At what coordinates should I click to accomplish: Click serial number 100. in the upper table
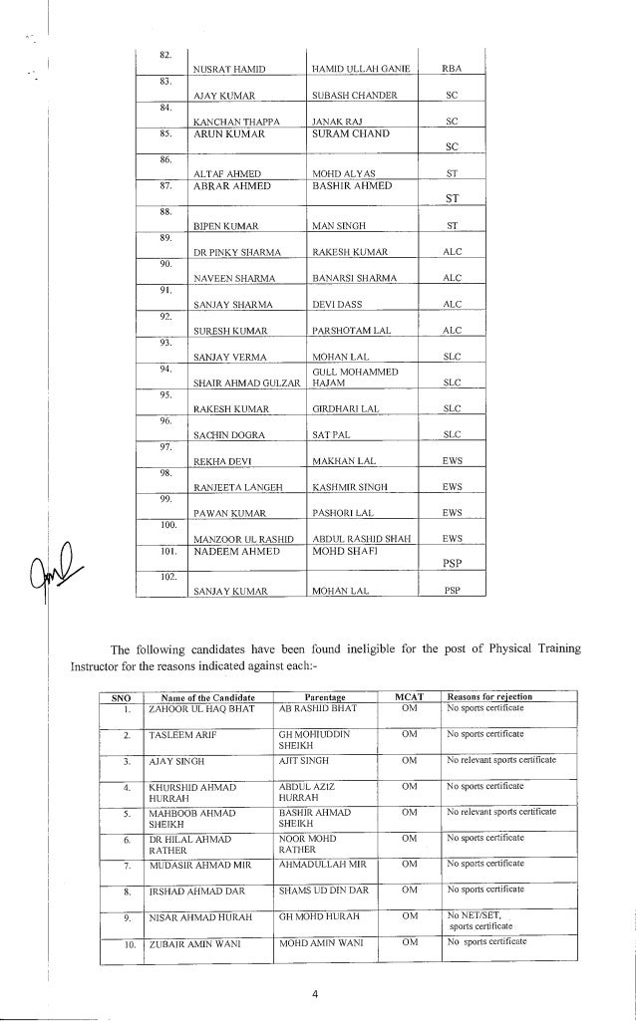click(167, 524)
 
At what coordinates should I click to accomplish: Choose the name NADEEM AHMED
click(233, 551)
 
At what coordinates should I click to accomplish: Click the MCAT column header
click(408, 696)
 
